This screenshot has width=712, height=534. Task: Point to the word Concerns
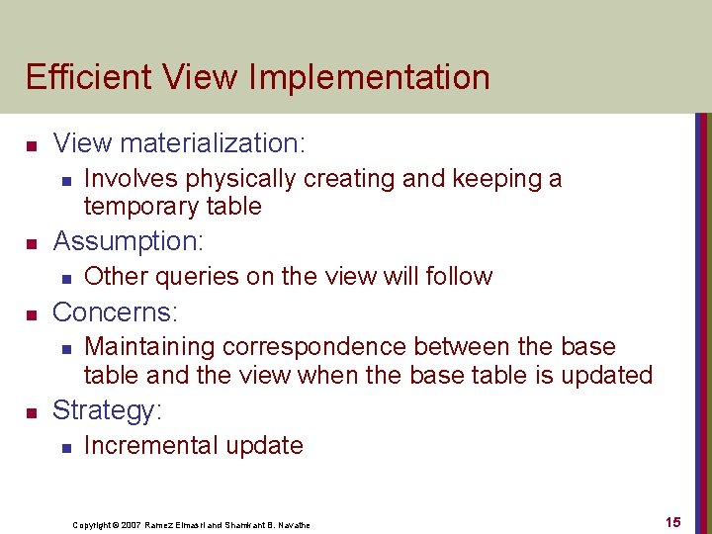point(115,312)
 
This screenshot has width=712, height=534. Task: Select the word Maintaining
point(150,347)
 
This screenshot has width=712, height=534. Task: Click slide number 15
point(672,522)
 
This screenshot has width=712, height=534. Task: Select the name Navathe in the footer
point(292,525)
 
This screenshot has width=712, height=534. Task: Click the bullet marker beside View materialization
point(31,145)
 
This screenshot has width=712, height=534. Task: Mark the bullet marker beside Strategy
point(31,411)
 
